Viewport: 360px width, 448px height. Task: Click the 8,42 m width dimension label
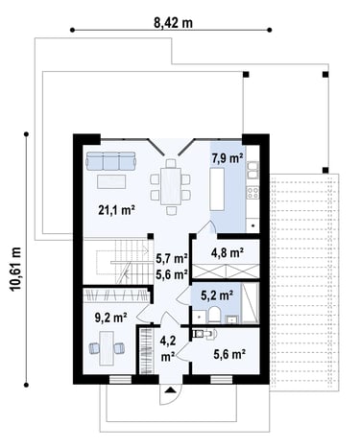[x=174, y=22]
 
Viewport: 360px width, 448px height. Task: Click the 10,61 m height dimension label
[x=15, y=269]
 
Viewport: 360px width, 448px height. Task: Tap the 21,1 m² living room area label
[x=116, y=210]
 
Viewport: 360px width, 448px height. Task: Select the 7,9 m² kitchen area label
[x=228, y=157]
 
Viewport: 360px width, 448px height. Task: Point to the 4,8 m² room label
[x=228, y=252]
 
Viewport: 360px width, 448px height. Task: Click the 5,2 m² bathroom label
[x=217, y=295]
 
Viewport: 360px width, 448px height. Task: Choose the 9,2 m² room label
[x=111, y=318]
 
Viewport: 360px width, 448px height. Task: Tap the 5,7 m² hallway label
[x=171, y=259]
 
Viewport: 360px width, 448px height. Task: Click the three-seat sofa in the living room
[x=111, y=161]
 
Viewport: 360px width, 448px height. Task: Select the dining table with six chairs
[x=171, y=187]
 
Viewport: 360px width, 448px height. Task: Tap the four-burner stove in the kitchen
[x=252, y=193]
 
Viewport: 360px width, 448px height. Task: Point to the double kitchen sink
[x=252, y=170]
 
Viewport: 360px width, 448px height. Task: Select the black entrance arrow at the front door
[x=171, y=389]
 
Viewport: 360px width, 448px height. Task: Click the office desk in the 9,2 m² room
[x=107, y=348]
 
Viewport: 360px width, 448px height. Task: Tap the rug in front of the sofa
[x=111, y=181]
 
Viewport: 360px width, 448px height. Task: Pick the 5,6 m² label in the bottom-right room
[x=229, y=355]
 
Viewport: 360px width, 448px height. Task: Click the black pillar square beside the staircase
[x=150, y=236]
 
